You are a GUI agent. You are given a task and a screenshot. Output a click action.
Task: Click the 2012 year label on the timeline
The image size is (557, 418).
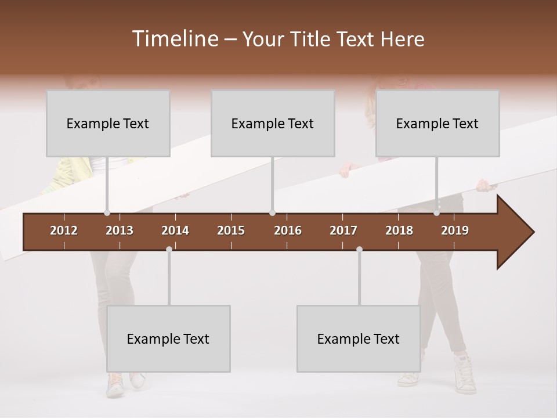click(64, 230)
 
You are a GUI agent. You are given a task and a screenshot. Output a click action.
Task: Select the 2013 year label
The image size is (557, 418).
click(120, 230)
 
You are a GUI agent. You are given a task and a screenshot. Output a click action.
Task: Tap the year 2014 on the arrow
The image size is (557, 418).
click(175, 230)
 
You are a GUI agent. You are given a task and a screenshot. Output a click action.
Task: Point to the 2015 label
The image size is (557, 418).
click(231, 230)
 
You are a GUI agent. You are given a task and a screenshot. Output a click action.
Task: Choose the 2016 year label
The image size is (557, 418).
click(288, 230)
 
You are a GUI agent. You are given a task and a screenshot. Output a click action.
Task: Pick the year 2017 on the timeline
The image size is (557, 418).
click(343, 230)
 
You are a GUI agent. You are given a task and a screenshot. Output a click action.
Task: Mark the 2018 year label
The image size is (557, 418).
click(399, 230)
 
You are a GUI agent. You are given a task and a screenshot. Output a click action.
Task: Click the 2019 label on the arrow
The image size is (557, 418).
click(455, 230)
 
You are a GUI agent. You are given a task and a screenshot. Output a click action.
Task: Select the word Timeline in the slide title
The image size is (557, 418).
click(175, 39)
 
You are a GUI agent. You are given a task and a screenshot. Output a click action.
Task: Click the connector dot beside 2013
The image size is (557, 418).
click(107, 213)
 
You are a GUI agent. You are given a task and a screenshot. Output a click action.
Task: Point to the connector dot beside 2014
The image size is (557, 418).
click(169, 249)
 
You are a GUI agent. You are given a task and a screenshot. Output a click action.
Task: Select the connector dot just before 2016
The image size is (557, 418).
click(272, 213)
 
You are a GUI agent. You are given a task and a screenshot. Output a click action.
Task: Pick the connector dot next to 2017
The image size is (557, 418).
click(359, 249)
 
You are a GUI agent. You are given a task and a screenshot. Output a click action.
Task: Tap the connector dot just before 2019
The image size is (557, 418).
click(437, 213)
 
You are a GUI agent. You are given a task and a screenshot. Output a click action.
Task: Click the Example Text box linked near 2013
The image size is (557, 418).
click(108, 123)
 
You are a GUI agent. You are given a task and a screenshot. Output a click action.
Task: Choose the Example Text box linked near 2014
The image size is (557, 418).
click(168, 338)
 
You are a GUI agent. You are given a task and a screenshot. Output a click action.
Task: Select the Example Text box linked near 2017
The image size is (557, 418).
click(359, 338)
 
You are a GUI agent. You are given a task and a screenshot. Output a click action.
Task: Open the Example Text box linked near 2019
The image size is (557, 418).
click(437, 123)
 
